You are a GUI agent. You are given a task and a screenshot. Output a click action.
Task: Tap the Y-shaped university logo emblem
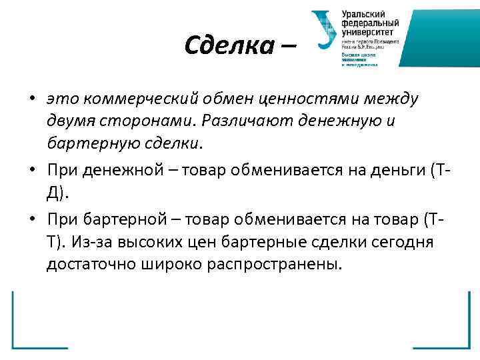pyautogui.click(x=325, y=31)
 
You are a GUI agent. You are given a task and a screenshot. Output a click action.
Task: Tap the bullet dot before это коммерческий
pyautogui.click(x=32, y=99)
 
